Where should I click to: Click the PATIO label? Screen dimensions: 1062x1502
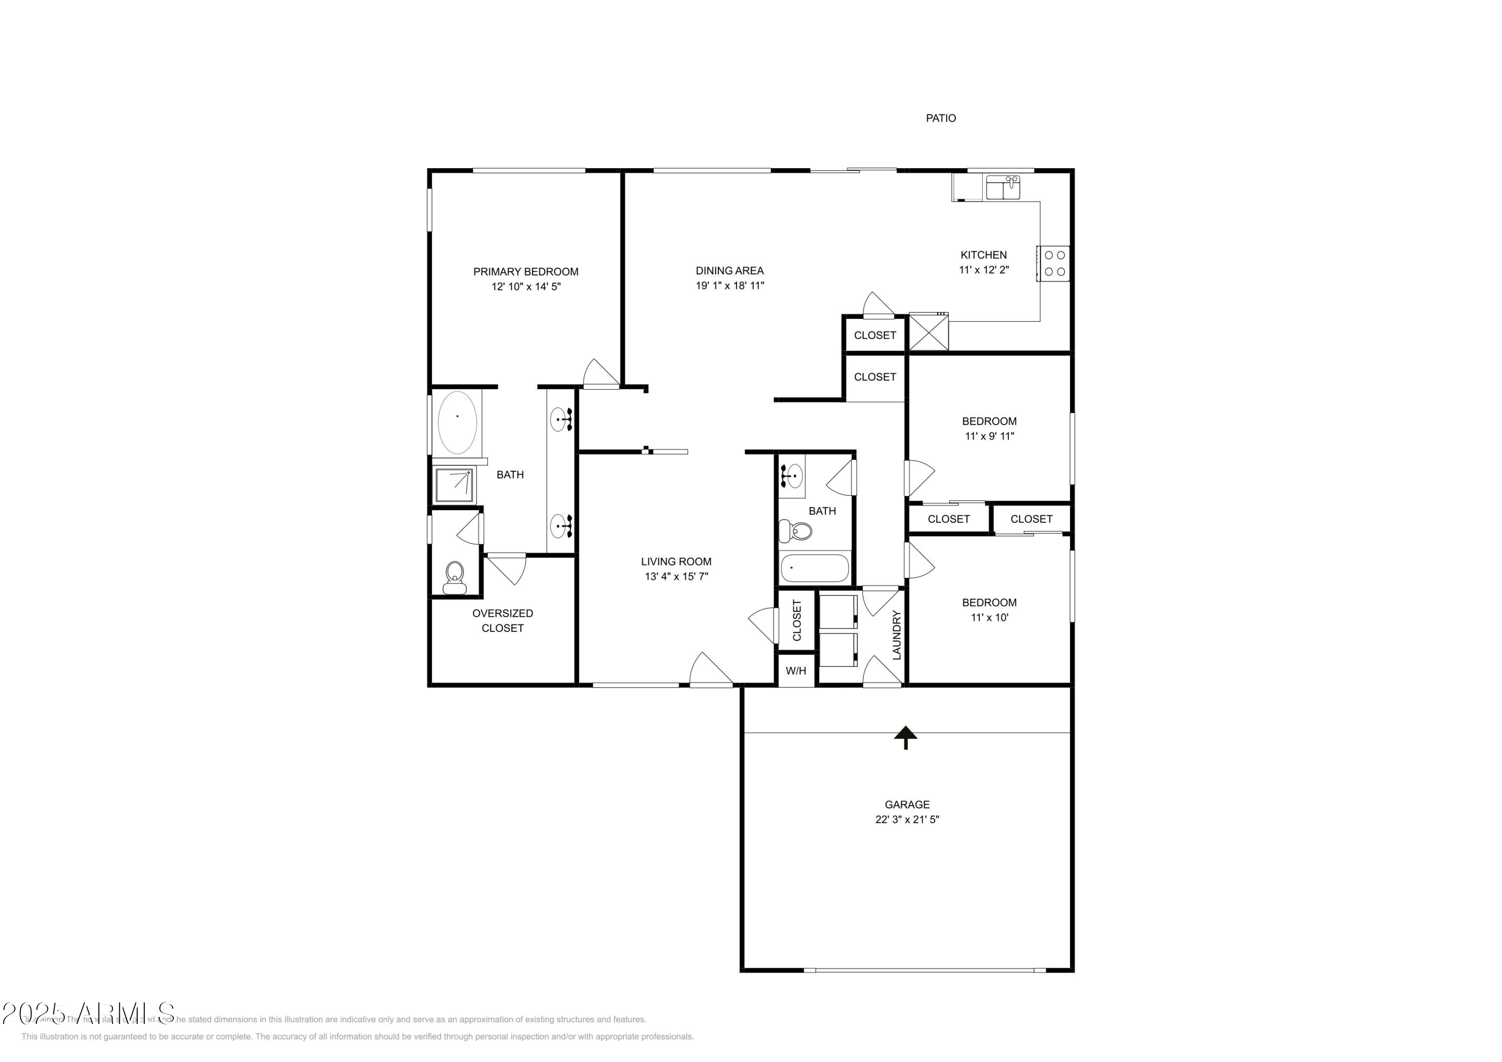941,119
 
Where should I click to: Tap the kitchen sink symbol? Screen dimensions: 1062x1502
1002,187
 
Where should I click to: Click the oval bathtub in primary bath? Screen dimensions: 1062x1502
457,422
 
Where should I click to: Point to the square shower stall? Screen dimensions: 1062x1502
455,485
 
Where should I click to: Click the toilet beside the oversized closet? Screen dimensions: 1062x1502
454,578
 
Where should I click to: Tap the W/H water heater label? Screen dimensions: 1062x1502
796,671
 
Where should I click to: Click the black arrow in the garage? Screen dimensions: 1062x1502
905,737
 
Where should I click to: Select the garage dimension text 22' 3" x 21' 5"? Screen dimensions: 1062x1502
907,819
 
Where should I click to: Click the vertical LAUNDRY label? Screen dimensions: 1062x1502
897,635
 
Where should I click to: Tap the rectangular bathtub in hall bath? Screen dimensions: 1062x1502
815,568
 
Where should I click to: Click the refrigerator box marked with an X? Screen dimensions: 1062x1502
928,332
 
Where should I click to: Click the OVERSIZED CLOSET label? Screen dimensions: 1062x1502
502,620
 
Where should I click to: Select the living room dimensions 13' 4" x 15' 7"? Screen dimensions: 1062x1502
676,576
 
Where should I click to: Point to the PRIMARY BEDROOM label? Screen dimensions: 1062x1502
525,271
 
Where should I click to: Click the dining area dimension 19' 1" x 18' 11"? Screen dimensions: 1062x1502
729,285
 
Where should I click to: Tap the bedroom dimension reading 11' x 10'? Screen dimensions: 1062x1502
989,617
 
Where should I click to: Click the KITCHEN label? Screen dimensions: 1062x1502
983,255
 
